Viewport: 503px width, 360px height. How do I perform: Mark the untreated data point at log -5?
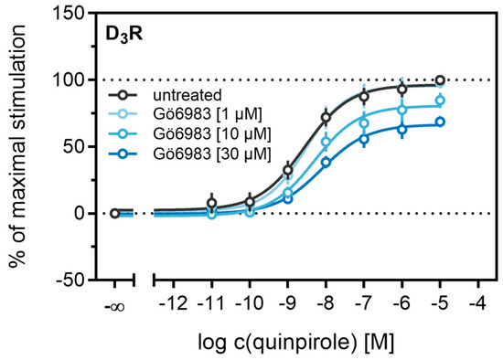pos(440,80)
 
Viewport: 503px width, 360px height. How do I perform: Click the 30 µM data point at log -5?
pos(440,122)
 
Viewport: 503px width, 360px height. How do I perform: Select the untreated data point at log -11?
pos(212,203)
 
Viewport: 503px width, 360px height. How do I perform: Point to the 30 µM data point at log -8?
pos(326,162)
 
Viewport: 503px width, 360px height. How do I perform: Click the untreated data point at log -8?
pos(326,118)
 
